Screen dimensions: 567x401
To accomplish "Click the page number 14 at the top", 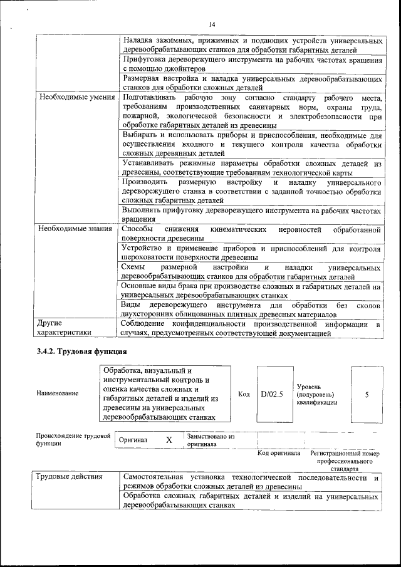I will (212, 24).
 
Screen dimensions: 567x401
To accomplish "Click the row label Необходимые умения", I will (77, 98).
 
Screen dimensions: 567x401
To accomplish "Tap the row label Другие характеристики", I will (63, 328).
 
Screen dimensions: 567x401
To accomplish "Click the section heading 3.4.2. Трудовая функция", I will (81, 351).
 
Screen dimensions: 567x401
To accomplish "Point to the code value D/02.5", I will (272, 394).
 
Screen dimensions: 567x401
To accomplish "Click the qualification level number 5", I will (367, 394).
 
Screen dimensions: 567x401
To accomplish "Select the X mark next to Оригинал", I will (169, 440).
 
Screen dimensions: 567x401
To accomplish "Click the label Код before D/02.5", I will (244, 394).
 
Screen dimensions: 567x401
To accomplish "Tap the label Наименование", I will (58, 393).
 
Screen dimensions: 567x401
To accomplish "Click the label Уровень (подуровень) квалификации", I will (316, 395).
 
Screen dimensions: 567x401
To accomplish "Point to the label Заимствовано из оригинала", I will (211, 440).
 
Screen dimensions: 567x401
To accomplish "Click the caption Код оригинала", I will (279, 453).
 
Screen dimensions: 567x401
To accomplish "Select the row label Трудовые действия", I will (69, 477).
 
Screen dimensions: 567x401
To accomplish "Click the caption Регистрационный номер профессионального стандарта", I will (345, 460).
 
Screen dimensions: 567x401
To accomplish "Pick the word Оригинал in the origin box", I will (133, 440).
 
